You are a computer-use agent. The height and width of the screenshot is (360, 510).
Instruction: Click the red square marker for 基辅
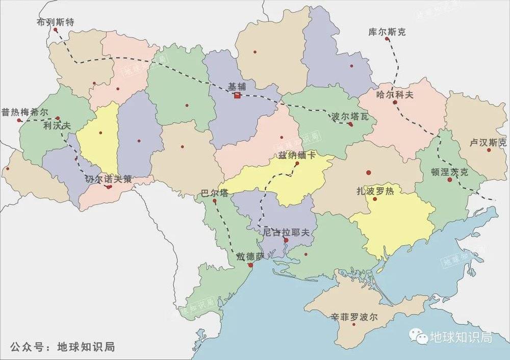(x=237, y=95)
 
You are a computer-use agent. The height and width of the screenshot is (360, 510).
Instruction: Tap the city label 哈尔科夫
(x=395, y=94)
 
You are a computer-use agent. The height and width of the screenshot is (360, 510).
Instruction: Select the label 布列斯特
(x=56, y=22)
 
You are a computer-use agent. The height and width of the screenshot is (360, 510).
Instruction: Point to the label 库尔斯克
(x=387, y=32)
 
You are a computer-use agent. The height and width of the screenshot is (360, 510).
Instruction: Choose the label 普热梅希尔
(x=25, y=112)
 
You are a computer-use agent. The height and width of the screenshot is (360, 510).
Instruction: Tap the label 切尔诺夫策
(x=108, y=178)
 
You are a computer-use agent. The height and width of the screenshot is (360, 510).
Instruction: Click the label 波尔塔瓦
(x=350, y=116)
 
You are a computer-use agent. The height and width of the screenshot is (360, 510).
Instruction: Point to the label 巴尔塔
(x=215, y=193)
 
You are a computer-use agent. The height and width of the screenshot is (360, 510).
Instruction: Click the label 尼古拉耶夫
(x=286, y=232)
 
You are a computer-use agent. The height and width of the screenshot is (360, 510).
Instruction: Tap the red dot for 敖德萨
(x=250, y=265)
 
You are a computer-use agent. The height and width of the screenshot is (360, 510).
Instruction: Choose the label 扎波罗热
(x=375, y=192)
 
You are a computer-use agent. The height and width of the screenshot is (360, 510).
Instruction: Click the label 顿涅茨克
(x=449, y=172)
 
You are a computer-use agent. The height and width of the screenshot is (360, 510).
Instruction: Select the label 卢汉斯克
(x=489, y=142)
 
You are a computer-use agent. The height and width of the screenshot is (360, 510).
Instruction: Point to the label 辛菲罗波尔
(x=354, y=317)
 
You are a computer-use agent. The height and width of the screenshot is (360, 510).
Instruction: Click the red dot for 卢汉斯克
(x=489, y=150)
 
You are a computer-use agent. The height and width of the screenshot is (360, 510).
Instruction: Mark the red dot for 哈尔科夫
(x=395, y=102)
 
